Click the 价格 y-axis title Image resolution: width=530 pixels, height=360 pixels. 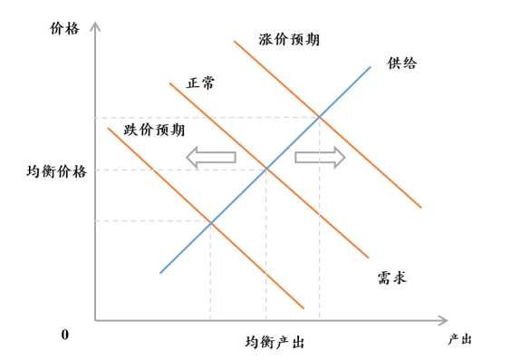66,27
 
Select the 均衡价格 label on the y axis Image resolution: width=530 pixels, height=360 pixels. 57,170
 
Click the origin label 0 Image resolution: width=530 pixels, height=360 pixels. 65,336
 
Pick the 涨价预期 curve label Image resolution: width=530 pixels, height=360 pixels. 289,40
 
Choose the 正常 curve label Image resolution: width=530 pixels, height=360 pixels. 201,83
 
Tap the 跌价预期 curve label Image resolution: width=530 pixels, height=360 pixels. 153,130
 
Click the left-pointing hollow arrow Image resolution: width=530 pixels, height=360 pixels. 210,157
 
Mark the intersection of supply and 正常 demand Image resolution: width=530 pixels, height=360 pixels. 265,169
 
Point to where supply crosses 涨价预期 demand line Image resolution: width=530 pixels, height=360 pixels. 319,117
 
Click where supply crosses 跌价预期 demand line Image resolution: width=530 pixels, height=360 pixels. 211,221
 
